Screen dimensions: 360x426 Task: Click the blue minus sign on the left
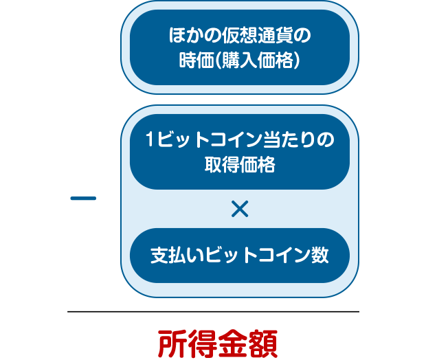(83, 199)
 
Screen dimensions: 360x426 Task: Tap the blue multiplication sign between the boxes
(240, 209)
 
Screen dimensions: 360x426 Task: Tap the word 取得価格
(240, 166)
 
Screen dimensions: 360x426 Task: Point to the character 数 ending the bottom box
(319, 256)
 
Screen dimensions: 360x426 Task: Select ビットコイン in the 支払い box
(256, 256)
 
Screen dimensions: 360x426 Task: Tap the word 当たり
(288, 140)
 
